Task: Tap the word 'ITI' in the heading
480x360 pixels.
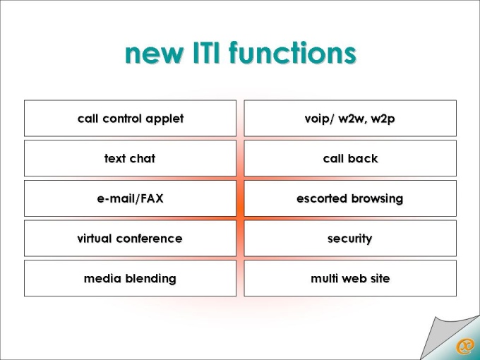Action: (x=206, y=52)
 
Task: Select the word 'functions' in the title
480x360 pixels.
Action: (x=293, y=52)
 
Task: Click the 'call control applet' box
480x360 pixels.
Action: (x=130, y=118)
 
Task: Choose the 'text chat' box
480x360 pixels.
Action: (x=130, y=158)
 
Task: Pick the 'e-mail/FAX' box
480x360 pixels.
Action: (x=130, y=198)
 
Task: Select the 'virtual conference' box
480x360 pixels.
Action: (x=130, y=238)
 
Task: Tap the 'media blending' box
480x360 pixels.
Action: (x=130, y=278)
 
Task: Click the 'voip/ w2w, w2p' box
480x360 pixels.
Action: (x=350, y=118)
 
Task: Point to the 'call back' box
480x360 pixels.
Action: (x=350, y=158)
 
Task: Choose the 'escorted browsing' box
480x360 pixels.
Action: (x=350, y=198)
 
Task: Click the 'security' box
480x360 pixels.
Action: (x=350, y=238)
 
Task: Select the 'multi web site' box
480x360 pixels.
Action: (x=350, y=278)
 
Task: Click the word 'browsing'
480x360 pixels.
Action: (x=377, y=199)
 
